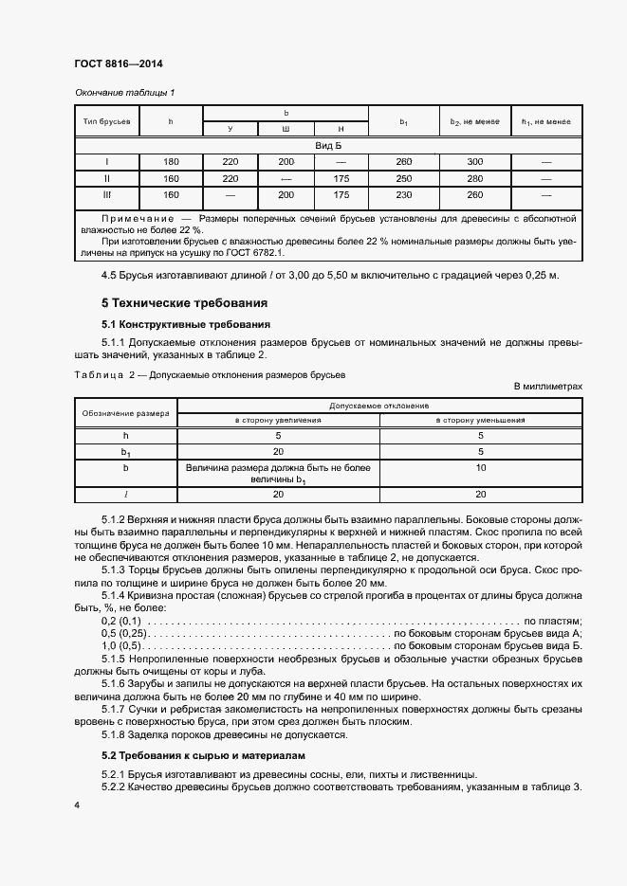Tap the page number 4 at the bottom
click(77, 805)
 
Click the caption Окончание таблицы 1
click(125, 92)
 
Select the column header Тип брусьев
click(106, 121)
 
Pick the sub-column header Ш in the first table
click(286, 129)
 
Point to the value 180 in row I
click(171, 162)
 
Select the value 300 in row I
click(475, 162)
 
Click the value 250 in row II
click(403, 178)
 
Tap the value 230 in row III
click(403, 195)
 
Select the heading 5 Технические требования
click(185, 303)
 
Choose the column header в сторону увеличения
click(278, 420)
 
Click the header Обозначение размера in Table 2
click(125, 413)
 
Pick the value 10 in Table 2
click(481, 468)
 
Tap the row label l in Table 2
click(125, 494)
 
